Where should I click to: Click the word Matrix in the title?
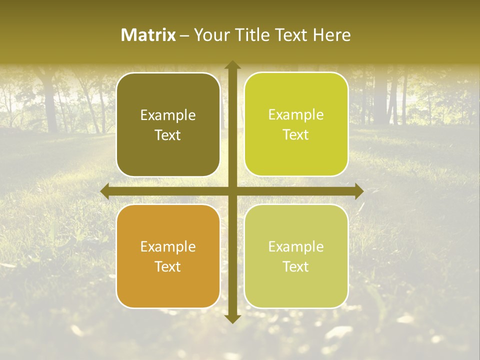[148, 35]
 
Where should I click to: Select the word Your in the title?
[210, 35]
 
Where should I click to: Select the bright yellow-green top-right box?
[296, 155]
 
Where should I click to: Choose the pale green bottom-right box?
[296, 287]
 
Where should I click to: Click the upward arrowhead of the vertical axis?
[232, 65]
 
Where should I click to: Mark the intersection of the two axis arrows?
[232, 191]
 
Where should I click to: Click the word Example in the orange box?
[168, 246]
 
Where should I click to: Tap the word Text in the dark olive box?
[168, 135]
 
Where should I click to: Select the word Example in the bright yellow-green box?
[296, 114]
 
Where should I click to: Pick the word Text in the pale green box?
[296, 266]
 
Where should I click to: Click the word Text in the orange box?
[168, 266]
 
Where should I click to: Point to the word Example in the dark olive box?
[168, 115]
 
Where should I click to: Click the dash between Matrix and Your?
[184, 35]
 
